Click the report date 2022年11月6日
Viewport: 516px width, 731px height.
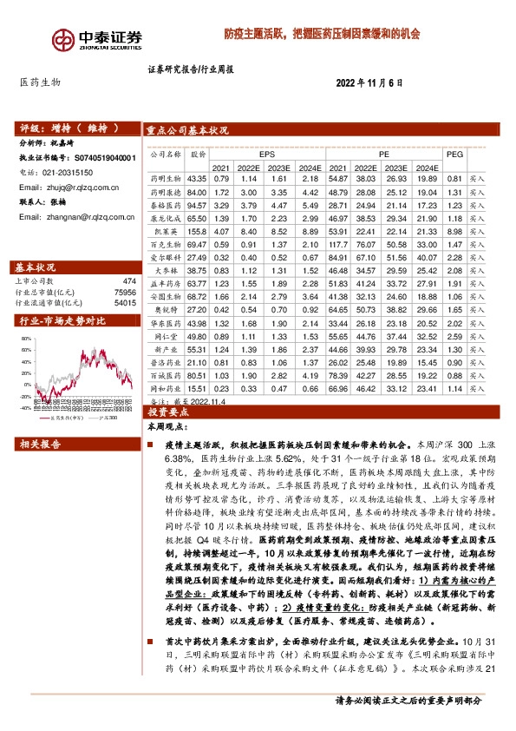pos(370,82)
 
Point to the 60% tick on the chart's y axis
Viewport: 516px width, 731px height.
pos(26,339)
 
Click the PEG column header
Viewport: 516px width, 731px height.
pos(454,151)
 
